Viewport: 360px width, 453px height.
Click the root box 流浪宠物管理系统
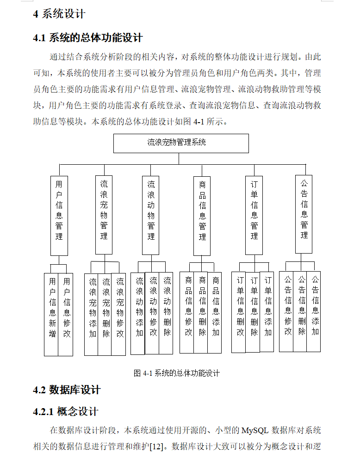tap(181, 143)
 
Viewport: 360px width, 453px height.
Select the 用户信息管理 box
tap(59, 215)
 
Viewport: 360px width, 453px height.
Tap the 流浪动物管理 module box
tap(151, 215)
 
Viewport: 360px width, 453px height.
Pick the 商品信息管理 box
tap(202, 215)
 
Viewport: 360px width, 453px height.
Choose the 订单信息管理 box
tap(254, 215)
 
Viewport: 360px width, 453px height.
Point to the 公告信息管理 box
tap(304, 214)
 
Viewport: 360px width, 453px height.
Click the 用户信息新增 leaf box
tap(52, 314)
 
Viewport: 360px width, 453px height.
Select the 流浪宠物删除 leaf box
tap(106, 314)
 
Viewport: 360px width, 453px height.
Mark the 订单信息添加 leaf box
tap(267, 312)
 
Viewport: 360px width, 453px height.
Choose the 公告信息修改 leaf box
tap(287, 311)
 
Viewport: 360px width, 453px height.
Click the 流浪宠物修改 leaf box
tap(119, 314)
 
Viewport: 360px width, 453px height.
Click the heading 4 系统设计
tap(59, 14)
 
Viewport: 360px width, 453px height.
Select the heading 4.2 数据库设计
tap(67, 390)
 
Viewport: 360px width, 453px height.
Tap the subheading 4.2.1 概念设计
tap(66, 411)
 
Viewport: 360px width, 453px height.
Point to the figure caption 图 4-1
tap(176, 373)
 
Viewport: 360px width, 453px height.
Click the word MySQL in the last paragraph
tap(254, 431)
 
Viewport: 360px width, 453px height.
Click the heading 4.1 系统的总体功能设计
tap(88, 38)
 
